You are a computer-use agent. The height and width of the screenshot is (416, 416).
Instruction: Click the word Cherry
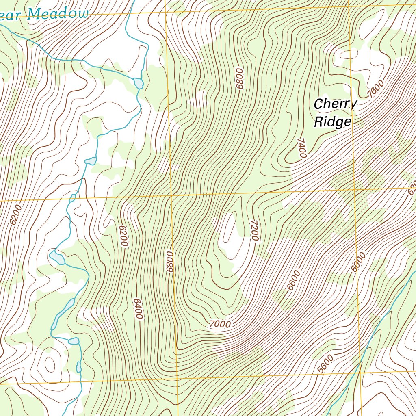(x=335, y=104)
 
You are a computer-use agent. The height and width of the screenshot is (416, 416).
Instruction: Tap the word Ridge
(x=333, y=122)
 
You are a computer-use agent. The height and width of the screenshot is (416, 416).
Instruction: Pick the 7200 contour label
(x=254, y=231)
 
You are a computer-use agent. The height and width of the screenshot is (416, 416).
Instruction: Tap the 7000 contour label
(x=220, y=324)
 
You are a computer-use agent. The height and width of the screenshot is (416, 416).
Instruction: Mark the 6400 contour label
(x=138, y=309)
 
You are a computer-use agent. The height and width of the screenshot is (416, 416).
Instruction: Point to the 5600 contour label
(x=326, y=364)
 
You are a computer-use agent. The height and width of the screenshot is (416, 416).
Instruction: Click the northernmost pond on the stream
(x=139, y=83)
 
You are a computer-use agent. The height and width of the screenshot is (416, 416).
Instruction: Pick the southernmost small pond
(x=79, y=367)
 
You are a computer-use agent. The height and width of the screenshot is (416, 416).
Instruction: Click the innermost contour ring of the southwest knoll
(x=50, y=364)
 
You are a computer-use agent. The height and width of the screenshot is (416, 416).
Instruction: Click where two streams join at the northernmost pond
(x=135, y=78)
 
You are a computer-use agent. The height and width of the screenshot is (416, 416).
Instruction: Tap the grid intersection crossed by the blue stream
(x=360, y=372)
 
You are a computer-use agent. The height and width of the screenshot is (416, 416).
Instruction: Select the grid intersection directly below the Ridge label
(x=354, y=190)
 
